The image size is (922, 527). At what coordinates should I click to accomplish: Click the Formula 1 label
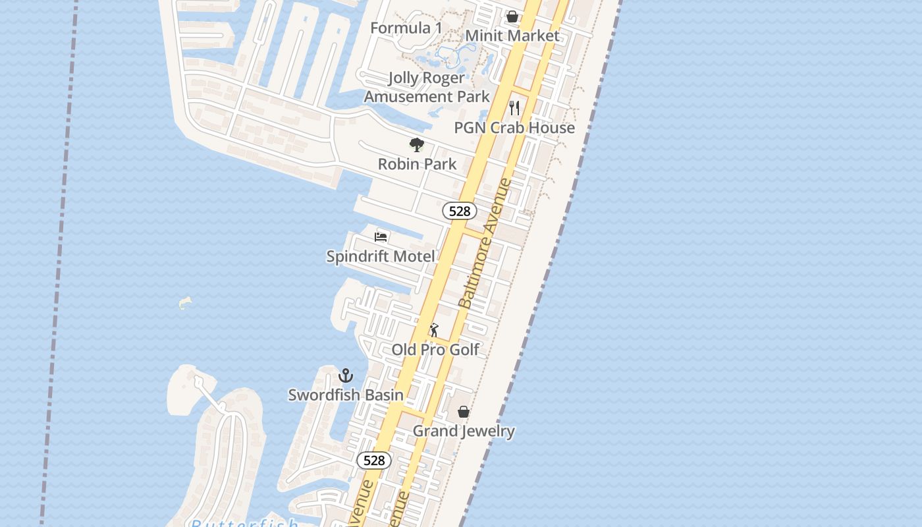(406, 28)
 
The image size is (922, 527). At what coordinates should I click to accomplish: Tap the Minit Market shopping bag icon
(512, 16)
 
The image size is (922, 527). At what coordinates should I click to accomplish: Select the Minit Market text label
(512, 36)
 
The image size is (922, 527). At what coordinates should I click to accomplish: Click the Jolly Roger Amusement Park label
(427, 87)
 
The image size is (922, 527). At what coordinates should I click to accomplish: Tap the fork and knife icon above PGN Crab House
(514, 107)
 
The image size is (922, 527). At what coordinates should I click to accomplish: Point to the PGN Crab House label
(514, 128)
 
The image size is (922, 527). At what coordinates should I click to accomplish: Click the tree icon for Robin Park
(416, 144)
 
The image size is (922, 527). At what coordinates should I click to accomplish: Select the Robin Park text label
(417, 164)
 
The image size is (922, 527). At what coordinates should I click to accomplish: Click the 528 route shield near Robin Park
(459, 211)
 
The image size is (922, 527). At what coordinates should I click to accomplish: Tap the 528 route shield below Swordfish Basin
(374, 460)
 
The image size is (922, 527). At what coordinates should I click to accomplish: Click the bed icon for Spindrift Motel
(381, 236)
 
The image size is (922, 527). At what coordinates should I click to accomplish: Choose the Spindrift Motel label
(381, 256)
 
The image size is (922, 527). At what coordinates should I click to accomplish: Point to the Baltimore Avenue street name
(485, 244)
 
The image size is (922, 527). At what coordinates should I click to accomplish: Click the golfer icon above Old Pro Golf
(434, 330)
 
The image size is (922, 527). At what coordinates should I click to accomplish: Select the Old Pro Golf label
(435, 350)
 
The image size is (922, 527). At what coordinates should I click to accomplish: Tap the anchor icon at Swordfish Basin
(346, 375)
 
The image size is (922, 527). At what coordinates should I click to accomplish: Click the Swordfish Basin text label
(346, 395)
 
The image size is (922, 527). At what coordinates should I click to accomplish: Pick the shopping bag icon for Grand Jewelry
(464, 412)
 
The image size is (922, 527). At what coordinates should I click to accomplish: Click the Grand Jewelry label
(464, 431)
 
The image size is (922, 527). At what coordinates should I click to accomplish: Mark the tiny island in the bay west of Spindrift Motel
(185, 303)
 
